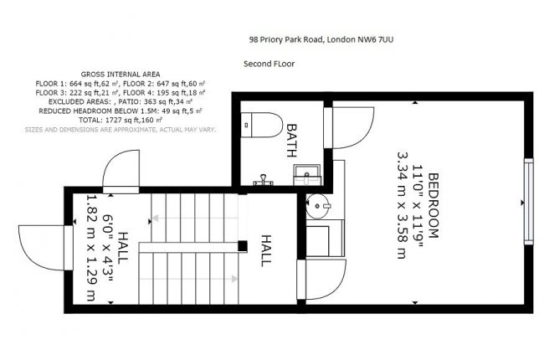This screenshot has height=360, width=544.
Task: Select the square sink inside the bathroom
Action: coord(302,174)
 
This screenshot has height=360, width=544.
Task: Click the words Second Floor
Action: coord(269,63)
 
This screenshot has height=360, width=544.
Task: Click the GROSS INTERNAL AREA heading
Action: coord(121,74)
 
